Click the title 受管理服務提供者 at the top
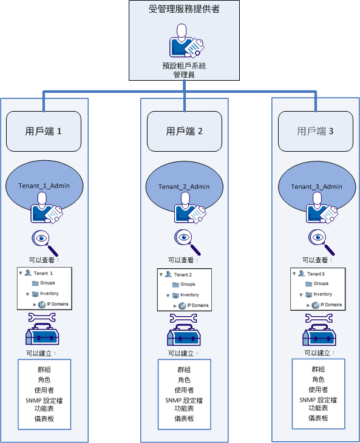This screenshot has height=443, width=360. click(x=183, y=10)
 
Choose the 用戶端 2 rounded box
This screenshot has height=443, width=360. click(x=184, y=131)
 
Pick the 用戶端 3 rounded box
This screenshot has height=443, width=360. click(x=315, y=131)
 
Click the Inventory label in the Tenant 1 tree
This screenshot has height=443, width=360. click(x=50, y=294)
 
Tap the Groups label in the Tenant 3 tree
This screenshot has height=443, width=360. click(x=321, y=283)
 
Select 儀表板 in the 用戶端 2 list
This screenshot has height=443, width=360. click(x=183, y=419)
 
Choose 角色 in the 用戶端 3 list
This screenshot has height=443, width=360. click(x=318, y=379)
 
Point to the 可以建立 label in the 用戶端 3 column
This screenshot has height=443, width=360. click(x=316, y=352)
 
